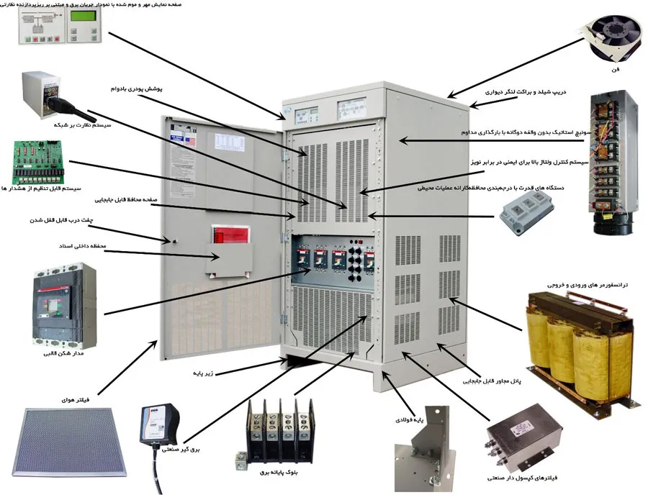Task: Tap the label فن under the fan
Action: point(616,71)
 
